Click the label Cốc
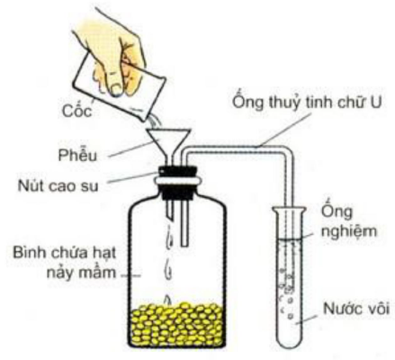click(x=76, y=110)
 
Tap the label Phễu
click(x=78, y=155)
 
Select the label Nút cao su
click(x=58, y=186)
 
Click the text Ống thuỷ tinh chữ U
click(x=308, y=102)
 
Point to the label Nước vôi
click(x=356, y=308)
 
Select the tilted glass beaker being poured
click(x=119, y=87)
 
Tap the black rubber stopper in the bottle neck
click(x=178, y=183)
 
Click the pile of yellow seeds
click(x=178, y=324)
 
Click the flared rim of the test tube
click(x=290, y=210)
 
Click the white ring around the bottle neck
click(x=178, y=181)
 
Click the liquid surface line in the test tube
click(x=290, y=239)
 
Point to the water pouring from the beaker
click(x=155, y=121)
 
